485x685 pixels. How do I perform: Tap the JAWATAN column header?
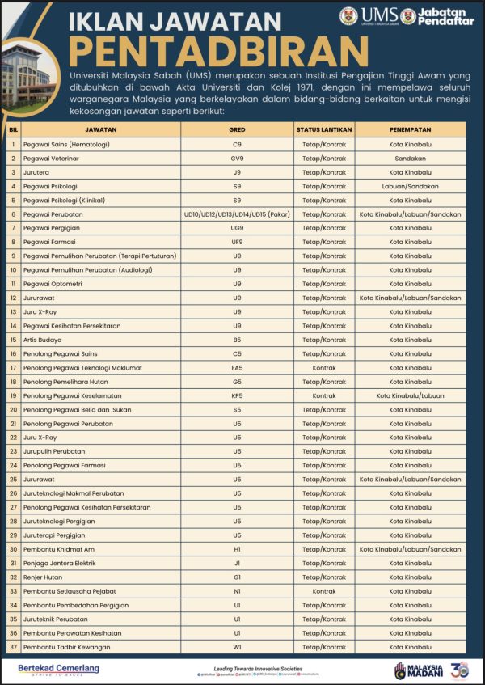coord(100,129)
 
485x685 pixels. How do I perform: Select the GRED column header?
coord(237,129)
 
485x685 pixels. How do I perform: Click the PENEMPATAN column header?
coord(410,129)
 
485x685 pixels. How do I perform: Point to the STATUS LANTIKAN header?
coord(323,129)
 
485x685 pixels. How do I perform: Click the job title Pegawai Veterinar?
coord(52,159)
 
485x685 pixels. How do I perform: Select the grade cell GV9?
coord(237,159)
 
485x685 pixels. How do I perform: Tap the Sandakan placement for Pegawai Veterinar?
coord(410,159)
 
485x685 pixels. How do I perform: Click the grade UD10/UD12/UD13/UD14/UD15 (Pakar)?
coord(237,214)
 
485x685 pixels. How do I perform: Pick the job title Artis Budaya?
coord(43,340)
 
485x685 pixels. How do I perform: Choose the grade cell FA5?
coord(237,367)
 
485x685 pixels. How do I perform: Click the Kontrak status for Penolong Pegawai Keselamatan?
coord(323,395)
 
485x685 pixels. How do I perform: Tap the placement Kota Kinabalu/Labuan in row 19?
coord(410,395)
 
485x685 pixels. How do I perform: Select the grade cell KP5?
coord(237,395)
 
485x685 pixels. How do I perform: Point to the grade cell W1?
coord(237,646)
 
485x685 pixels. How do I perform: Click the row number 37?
coord(13,646)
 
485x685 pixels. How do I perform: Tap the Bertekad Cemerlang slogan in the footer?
coord(58,668)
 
